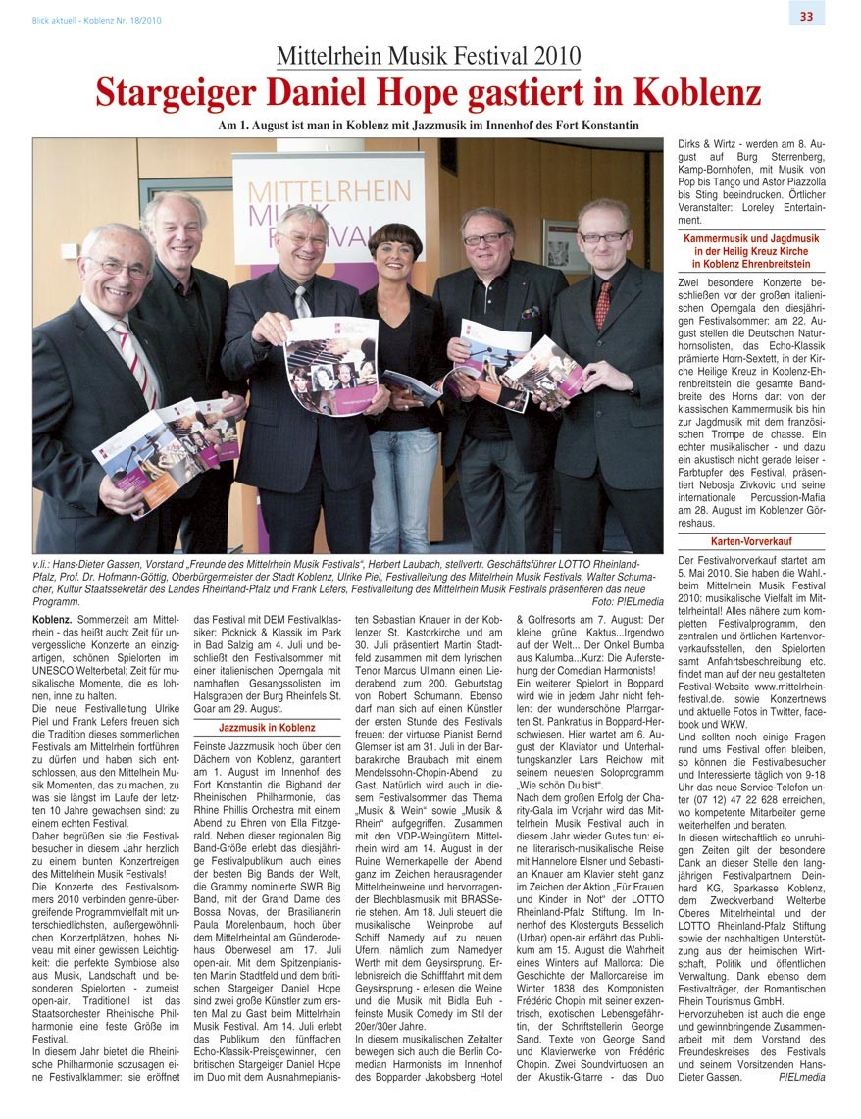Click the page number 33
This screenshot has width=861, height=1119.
806,15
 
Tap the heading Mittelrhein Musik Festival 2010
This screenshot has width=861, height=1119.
428,56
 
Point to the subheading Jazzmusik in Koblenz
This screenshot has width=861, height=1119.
267,729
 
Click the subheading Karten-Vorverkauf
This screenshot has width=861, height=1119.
751,541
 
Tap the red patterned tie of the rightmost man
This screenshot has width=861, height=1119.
602,304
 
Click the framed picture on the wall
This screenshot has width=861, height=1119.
563,245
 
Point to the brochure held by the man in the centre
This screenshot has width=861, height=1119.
330,365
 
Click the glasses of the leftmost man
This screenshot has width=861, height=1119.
119,265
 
